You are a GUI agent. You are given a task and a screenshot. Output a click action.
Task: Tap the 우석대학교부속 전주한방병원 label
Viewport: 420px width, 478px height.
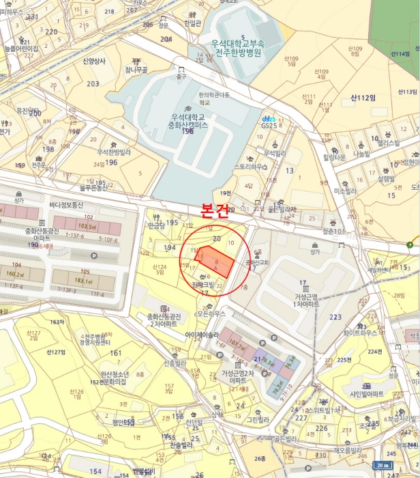[x=237, y=47]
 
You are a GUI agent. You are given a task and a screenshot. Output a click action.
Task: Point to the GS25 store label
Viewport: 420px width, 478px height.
[x=269, y=125]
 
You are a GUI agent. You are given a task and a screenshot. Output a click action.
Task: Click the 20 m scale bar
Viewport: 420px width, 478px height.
[x=383, y=465]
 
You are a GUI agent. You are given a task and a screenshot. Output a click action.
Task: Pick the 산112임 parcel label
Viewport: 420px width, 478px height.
[x=363, y=98]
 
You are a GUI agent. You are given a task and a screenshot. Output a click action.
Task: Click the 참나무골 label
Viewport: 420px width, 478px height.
[x=136, y=70]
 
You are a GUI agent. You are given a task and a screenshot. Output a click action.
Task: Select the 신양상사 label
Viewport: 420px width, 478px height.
[x=95, y=61]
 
